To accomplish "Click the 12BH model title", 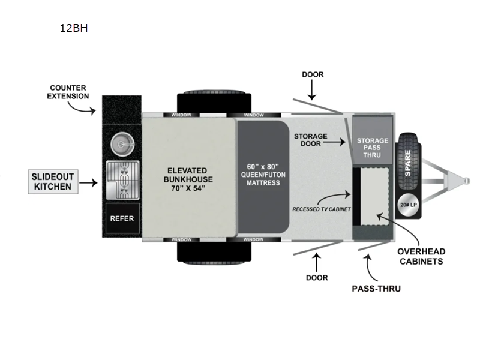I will tap(74, 28).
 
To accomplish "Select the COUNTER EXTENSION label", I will tap(69, 92).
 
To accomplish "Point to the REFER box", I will tap(122, 219).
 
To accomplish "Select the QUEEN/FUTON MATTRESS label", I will tap(263, 174).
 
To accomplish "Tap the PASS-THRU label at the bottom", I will tap(376, 289).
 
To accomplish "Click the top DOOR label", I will tap(312, 74).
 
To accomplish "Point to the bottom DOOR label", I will tap(316, 277).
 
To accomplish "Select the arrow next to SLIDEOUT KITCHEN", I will tap(88, 181).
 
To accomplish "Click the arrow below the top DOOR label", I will tap(312, 91).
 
